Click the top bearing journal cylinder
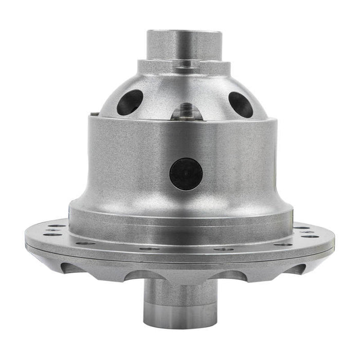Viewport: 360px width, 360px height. (184, 45)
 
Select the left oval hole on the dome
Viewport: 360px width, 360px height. (130, 102)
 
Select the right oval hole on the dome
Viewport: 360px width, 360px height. (240, 104)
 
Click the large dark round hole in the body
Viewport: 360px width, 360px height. (186, 173)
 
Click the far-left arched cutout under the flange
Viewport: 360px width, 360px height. (72, 267)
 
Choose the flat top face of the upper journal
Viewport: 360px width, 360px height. (184, 32)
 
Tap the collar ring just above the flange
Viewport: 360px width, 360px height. (180, 216)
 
